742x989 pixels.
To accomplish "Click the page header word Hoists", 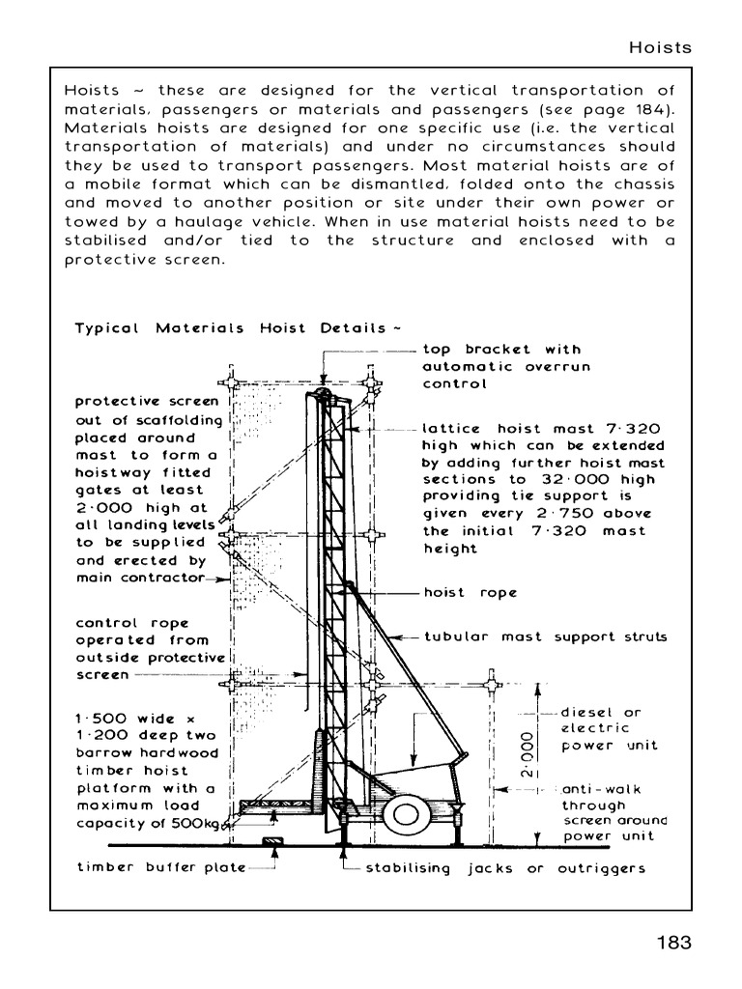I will tap(661, 47).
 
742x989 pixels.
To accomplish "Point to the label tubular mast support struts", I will tap(545, 637).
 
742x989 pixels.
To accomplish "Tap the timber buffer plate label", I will tap(161, 867).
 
